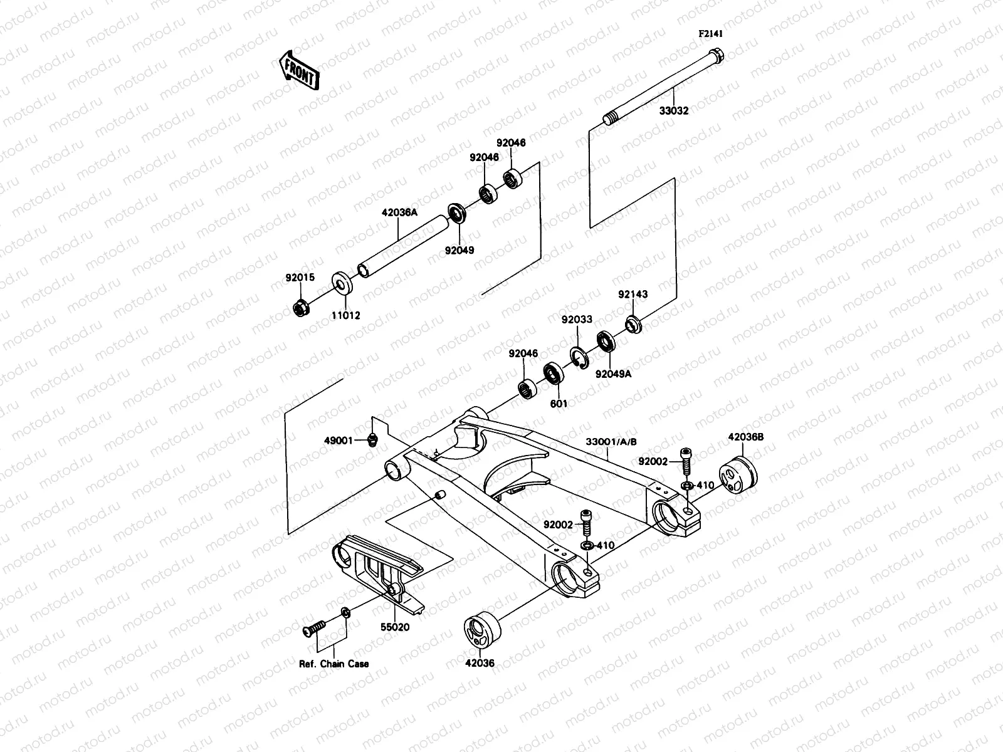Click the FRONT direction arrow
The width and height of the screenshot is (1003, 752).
pos(299,71)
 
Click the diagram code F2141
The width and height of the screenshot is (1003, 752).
pos(711,34)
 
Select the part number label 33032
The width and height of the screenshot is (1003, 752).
pos(674,111)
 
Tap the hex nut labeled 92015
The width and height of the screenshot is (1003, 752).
pos(300,308)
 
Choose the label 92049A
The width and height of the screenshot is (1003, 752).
pos(613,374)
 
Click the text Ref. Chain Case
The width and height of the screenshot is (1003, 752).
pos(334,664)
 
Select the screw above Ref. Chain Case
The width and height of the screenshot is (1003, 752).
pos(314,628)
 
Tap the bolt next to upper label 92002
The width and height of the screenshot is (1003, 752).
pos(686,462)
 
